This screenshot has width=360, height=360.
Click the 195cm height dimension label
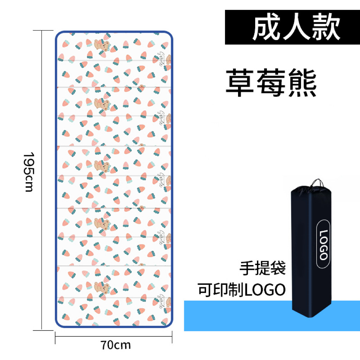(x=28, y=172)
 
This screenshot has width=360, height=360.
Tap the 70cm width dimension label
(x=115, y=345)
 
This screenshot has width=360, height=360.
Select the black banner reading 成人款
(x=292, y=27)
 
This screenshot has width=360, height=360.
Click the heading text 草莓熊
(x=271, y=83)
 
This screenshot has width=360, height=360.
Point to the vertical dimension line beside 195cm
(x=43, y=179)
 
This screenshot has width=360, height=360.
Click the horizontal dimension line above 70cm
(x=114, y=336)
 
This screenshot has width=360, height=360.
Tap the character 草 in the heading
(x=240, y=83)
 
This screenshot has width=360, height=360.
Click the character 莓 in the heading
(x=271, y=83)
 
